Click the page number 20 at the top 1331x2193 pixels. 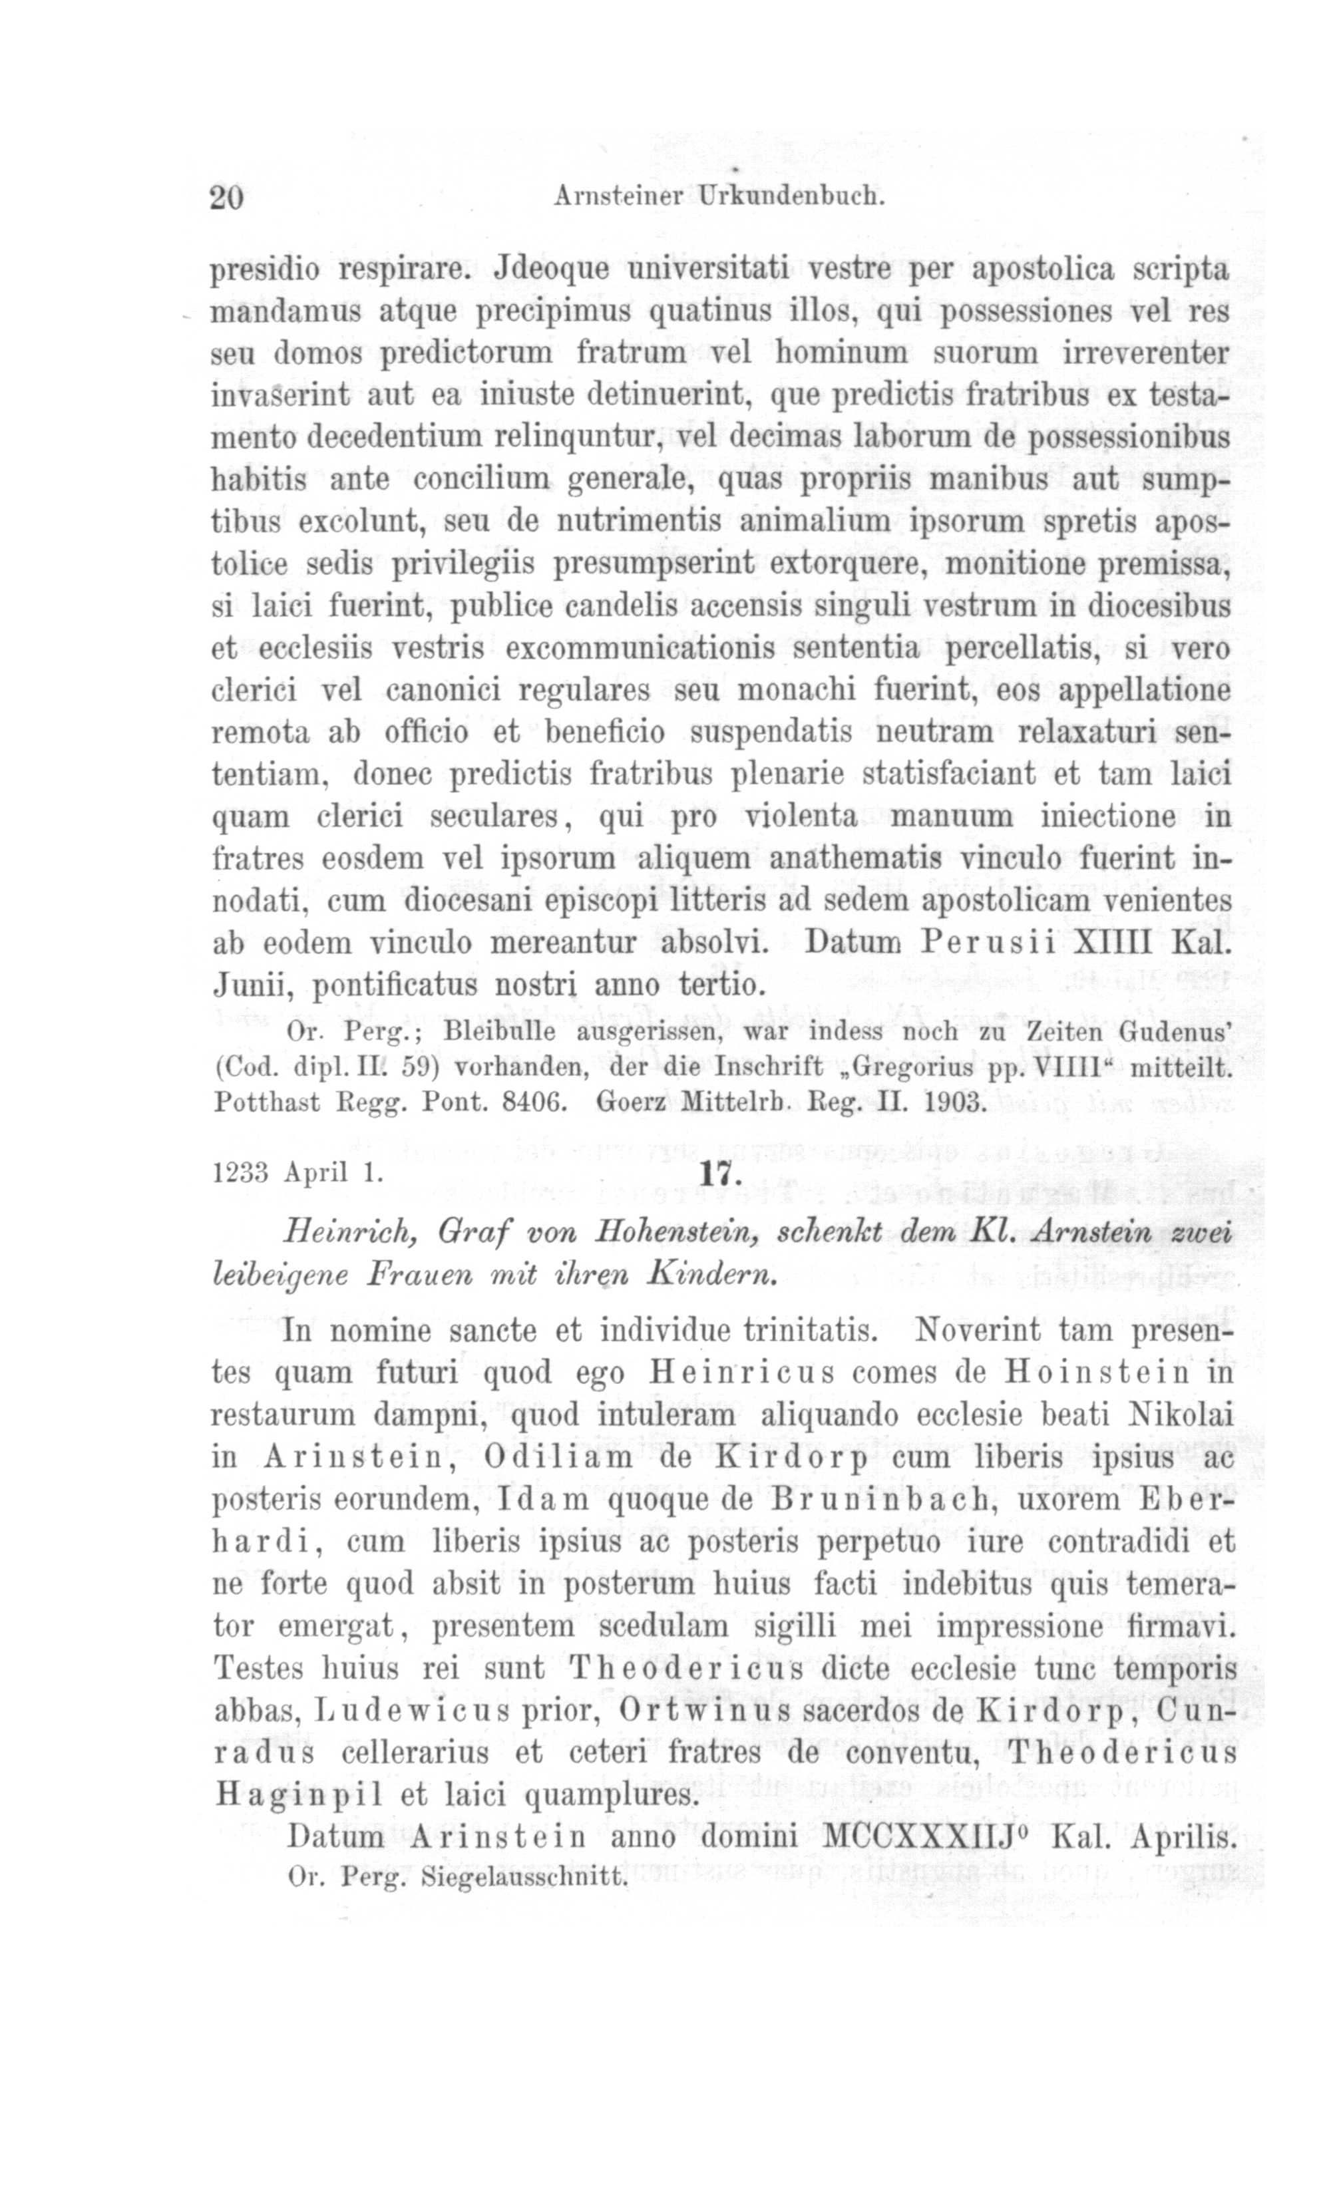point(226,196)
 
